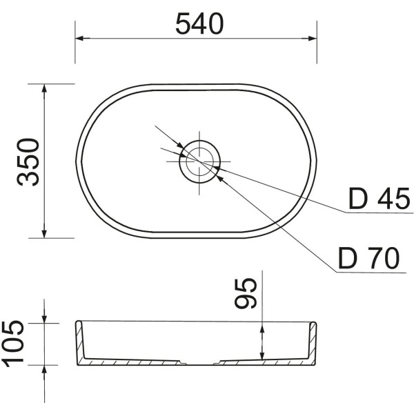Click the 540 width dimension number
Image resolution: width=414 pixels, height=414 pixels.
tap(199, 24)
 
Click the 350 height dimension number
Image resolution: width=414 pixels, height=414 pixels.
tap(28, 162)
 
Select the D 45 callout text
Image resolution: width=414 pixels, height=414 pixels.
tap(379, 198)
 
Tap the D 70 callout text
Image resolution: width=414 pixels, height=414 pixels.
tap(369, 258)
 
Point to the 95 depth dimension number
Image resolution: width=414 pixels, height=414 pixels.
tap(246, 293)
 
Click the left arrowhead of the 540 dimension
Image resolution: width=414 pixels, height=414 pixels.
tap(83, 39)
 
